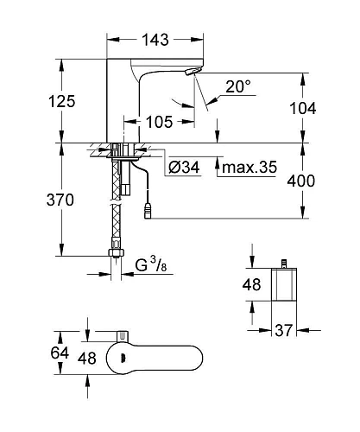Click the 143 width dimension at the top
[155, 40]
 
